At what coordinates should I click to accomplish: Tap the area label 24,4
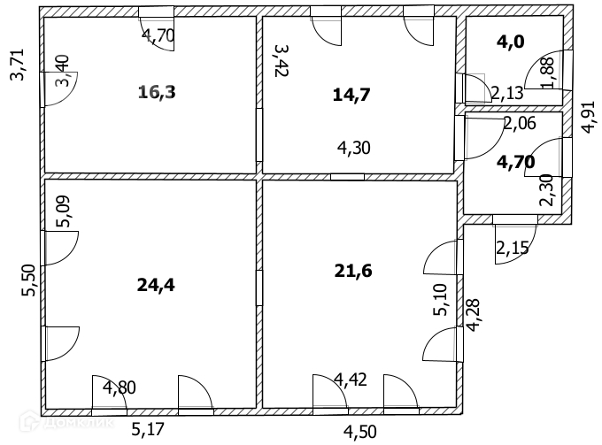tap(156, 285)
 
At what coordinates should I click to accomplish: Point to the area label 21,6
tap(354, 271)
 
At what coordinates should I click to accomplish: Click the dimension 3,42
tap(282, 61)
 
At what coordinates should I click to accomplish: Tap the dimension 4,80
tap(120, 387)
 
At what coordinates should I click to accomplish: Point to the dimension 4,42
tap(351, 381)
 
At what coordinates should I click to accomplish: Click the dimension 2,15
tap(513, 249)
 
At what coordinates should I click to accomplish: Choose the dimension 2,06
tap(519, 123)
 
